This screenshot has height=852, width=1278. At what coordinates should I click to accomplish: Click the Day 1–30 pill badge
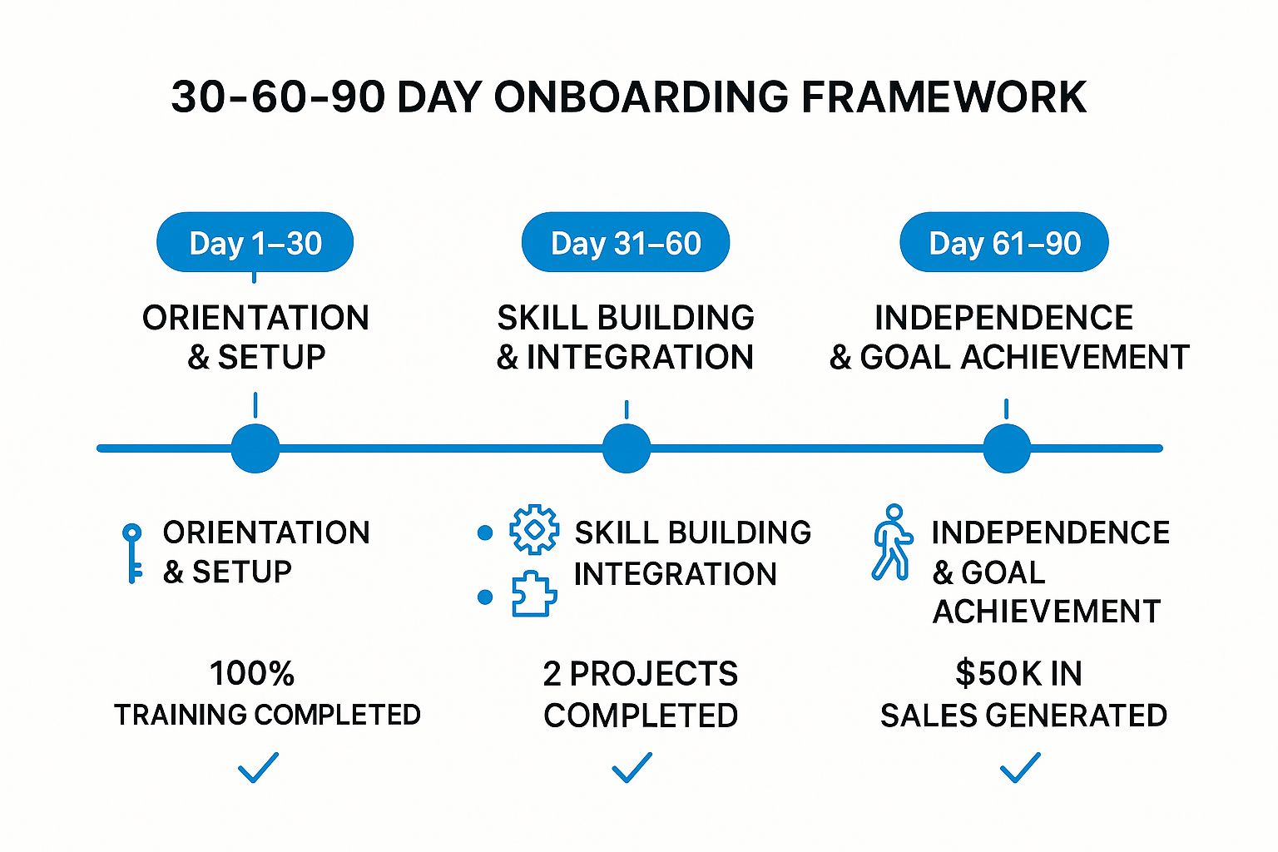tap(255, 243)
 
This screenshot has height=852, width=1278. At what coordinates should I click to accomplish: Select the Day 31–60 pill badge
tap(626, 243)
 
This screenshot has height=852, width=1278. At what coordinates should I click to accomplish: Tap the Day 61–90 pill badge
tap(1004, 243)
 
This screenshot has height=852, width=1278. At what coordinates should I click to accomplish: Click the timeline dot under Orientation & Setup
tap(255, 448)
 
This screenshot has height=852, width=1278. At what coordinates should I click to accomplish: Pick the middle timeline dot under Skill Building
tap(626, 448)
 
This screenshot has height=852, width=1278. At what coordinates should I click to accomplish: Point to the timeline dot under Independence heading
tap(1007, 448)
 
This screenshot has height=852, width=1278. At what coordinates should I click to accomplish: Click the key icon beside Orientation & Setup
tap(132, 552)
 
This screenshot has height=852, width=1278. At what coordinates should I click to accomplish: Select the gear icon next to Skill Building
tap(534, 530)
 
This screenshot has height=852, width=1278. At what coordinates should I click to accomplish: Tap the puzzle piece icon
tap(533, 594)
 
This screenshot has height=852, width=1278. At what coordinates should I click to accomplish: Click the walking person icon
tap(892, 542)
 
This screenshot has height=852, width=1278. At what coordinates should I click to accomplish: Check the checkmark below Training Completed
tap(258, 767)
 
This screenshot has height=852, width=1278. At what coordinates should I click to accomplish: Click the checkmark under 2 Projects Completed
tap(632, 767)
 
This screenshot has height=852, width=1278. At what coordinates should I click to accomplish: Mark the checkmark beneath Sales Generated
tap(1020, 767)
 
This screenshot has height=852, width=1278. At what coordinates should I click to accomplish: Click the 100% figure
tap(252, 673)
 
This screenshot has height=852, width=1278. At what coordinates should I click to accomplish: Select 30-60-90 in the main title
tap(278, 97)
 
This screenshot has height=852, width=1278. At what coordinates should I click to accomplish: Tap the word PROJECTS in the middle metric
tap(654, 674)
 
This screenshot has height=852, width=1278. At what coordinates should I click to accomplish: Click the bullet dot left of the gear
tap(485, 533)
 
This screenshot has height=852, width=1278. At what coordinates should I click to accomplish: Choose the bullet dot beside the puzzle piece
tap(485, 597)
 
